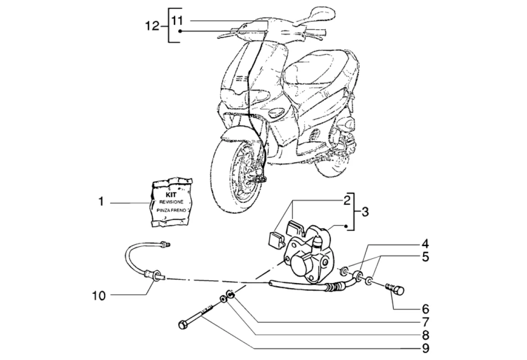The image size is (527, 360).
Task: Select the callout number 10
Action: point(99,296)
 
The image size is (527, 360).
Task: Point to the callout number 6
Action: point(425,309)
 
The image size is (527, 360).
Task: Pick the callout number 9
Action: point(425,348)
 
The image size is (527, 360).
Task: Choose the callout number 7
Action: point(425,322)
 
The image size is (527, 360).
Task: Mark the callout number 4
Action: point(425,245)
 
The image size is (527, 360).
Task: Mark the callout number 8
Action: point(425,335)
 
